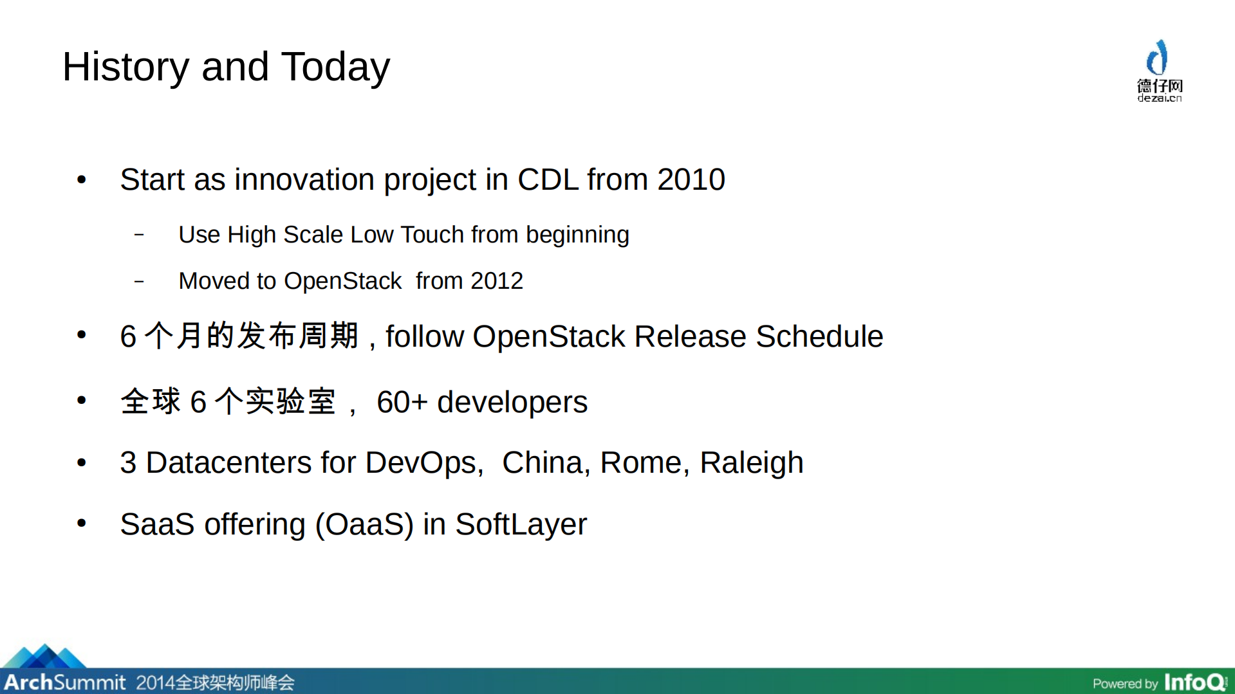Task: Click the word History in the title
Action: [x=125, y=68]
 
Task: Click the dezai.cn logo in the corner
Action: [x=1159, y=71]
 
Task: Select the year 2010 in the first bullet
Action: [x=691, y=179]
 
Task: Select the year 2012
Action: [x=496, y=281]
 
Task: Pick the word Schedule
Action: [x=819, y=336]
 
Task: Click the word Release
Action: [x=690, y=336]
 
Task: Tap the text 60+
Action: [x=402, y=403]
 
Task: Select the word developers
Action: [x=512, y=403]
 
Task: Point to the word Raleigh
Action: [x=751, y=463]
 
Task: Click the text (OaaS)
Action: [x=364, y=524]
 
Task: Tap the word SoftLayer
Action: [x=521, y=524]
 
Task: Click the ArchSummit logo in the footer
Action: [x=64, y=680]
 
